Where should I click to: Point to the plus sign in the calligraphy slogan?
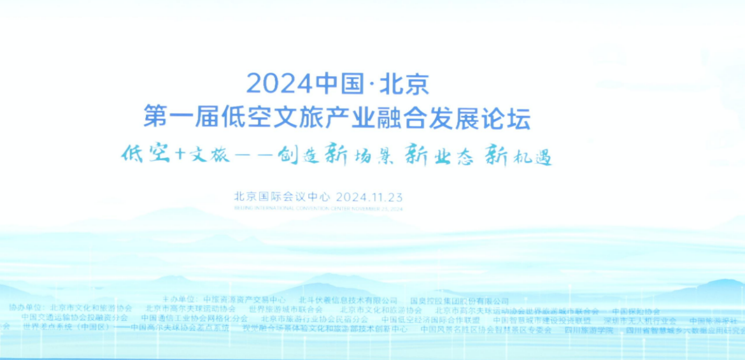(180, 155)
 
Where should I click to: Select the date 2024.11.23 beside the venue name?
(369, 196)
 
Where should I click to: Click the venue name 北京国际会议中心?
(281, 196)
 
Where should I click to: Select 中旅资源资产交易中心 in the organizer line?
(245, 299)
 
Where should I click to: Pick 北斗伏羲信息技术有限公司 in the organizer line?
(348, 300)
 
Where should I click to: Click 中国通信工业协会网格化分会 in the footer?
(194, 319)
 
